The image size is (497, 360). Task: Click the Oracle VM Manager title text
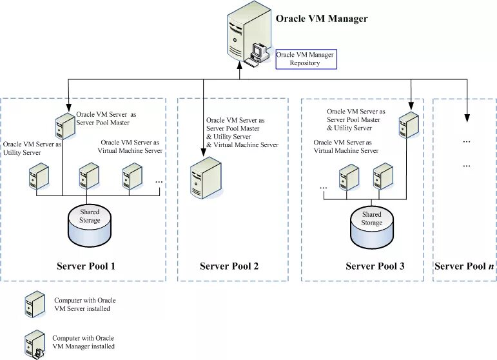point(321,19)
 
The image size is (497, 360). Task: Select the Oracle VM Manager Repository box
point(305,59)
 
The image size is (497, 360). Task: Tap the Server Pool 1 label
point(86,266)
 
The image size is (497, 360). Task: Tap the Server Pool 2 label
point(229,266)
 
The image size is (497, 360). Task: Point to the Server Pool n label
point(464,266)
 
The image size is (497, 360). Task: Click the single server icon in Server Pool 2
point(205,177)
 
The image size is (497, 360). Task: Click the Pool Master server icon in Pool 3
point(407,125)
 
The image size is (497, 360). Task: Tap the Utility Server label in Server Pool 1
point(32,148)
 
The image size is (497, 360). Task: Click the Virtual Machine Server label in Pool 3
point(346,146)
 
